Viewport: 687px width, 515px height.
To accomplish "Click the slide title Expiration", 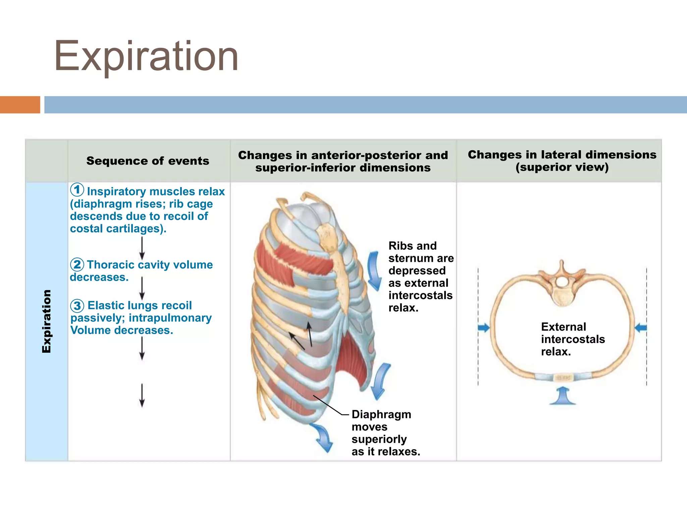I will click(x=146, y=56).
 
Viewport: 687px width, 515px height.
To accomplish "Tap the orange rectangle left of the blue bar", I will click(x=20, y=105).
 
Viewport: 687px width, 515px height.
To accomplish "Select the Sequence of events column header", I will click(x=148, y=161).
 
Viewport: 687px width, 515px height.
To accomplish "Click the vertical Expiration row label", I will click(x=47, y=321).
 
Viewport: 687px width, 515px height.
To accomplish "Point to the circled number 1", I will click(x=77, y=190).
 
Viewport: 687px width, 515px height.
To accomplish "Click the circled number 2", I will click(x=77, y=265).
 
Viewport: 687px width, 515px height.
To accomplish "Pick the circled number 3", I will click(x=77, y=305).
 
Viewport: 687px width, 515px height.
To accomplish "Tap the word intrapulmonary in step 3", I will click(x=170, y=318).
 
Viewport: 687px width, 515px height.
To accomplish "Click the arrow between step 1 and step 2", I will click(x=142, y=248).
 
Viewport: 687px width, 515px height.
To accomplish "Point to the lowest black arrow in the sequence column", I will click(x=142, y=396).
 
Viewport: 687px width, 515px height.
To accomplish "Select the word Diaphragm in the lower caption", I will click(x=381, y=414).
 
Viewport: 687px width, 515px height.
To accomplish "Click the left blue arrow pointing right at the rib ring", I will click(x=483, y=328).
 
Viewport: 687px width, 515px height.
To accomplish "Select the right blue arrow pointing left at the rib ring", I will click(x=641, y=328).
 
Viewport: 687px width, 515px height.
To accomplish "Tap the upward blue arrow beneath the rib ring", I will click(x=563, y=396).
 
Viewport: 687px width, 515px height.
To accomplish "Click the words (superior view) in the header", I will click(x=562, y=167).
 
